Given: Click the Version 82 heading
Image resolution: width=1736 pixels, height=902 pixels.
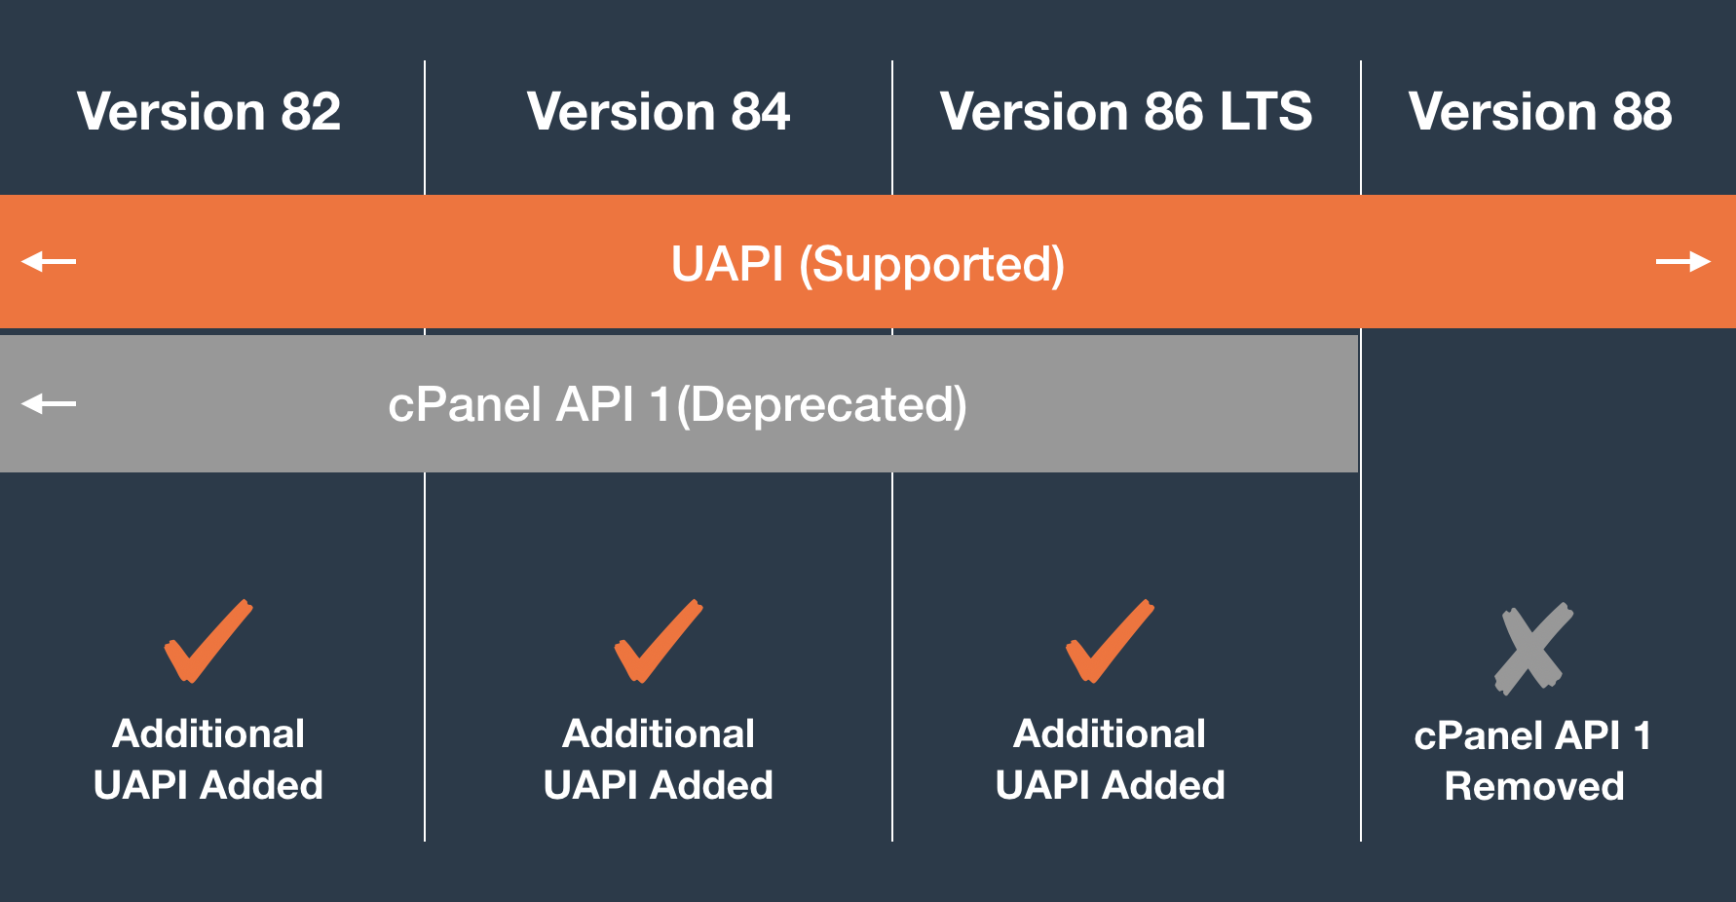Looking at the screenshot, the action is (209, 111).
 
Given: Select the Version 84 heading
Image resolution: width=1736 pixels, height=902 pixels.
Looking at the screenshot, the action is (659, 111).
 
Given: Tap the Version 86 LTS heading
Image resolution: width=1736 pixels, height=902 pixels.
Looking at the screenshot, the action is (1126, 111).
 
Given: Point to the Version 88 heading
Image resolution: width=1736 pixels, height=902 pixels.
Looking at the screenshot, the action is (1540, 111).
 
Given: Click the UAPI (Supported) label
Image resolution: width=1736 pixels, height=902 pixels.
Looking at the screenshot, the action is (868, 264).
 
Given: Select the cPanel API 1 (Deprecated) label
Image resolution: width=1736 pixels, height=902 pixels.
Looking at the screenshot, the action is (678, 405).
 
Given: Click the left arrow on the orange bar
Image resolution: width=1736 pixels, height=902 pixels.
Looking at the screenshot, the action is (49, 261).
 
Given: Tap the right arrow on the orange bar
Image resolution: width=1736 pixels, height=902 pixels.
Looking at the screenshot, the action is (1683, 261).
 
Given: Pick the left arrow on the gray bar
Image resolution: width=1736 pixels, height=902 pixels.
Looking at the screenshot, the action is (49, 402).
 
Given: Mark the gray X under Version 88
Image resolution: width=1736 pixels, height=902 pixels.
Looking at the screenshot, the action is (1533, 649).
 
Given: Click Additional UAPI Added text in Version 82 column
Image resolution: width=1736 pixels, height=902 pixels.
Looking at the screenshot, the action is (208, 760).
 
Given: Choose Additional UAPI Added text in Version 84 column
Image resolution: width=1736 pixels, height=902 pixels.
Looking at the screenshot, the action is (659, 760).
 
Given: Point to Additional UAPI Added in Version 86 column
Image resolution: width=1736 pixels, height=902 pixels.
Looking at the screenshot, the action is (1111, 760).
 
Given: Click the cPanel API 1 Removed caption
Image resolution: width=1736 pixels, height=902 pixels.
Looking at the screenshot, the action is (1534, 761).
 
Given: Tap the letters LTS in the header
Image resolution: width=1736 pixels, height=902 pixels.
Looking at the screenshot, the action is (1265, 111).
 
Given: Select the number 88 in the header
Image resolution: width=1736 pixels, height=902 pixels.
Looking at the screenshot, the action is (1642, 111).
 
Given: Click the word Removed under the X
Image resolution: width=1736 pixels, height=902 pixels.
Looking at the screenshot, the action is (1534, 786).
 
